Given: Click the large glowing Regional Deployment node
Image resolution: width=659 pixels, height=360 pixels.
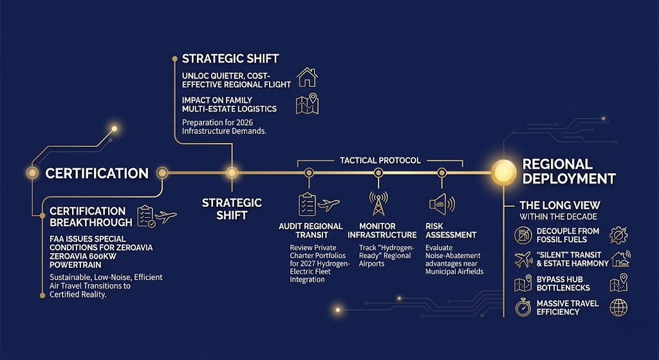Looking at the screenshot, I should click(x=503, y=172).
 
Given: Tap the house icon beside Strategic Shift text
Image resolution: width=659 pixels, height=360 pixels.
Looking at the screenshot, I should click(x=308, y=77).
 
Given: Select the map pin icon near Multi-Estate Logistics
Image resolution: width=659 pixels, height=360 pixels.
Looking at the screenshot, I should click(x=308, y=104).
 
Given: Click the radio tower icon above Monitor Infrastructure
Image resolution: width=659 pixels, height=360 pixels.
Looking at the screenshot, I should click(x=378, y=204).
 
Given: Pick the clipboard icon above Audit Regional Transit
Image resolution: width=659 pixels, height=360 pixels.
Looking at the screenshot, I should click(x=307, y=204).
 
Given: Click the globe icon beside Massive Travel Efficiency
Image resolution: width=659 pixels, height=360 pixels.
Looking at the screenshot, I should click(x=618, y=308).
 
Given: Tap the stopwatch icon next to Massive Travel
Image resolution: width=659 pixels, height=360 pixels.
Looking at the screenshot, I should click(x=523, y=308).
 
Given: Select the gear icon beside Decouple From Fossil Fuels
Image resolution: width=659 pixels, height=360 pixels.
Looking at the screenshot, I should click(x=618, y=235).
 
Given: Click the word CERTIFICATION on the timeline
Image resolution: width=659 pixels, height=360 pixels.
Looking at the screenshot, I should click(x=97, y=173).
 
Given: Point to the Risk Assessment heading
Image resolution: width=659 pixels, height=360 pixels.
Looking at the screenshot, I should click(x=451, y=234).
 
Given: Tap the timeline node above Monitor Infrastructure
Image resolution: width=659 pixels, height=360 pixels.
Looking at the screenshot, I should click(x=378, y=173).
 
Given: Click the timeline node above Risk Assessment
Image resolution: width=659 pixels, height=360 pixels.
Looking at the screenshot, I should click(x=441, y=173).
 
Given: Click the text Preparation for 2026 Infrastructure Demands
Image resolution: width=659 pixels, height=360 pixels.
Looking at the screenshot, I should click(x=225, y=126).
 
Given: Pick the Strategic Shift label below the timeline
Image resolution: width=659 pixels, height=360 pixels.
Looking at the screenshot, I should click(x=232, y=209).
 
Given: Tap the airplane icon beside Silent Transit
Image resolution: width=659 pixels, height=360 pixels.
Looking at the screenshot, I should click(x=523, y=259).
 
